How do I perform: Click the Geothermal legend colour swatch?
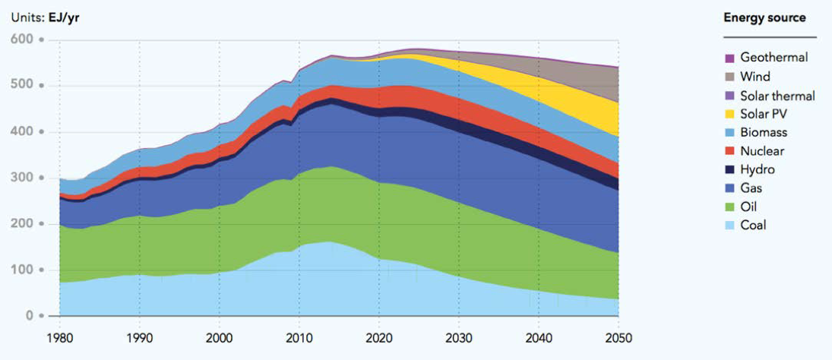pyautogui.click(x=729, y=58)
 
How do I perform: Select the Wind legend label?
pyautogui.click(x=755, y=77)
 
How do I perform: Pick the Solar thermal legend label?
pyautogui.click(x=777, y=96)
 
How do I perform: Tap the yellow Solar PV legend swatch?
pyautogui.click(x=729, y=114)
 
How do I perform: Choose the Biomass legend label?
pyautogui.click(x=762, y=133)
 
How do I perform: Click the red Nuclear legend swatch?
pyautogui.click(x=729, y=151)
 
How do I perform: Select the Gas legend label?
pyautogui.click(x=751, y=188)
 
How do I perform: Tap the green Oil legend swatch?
pyautogui.click(x=729, y=207)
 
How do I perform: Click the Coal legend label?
pyautogui.click(x=754, y=226)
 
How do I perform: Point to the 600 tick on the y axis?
pyautogui.click(x=23, y=39)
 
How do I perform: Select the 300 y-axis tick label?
pyautogui.click(x=23, y=178)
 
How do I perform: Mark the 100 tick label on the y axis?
pyautogui.click(x=23, y=270)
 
